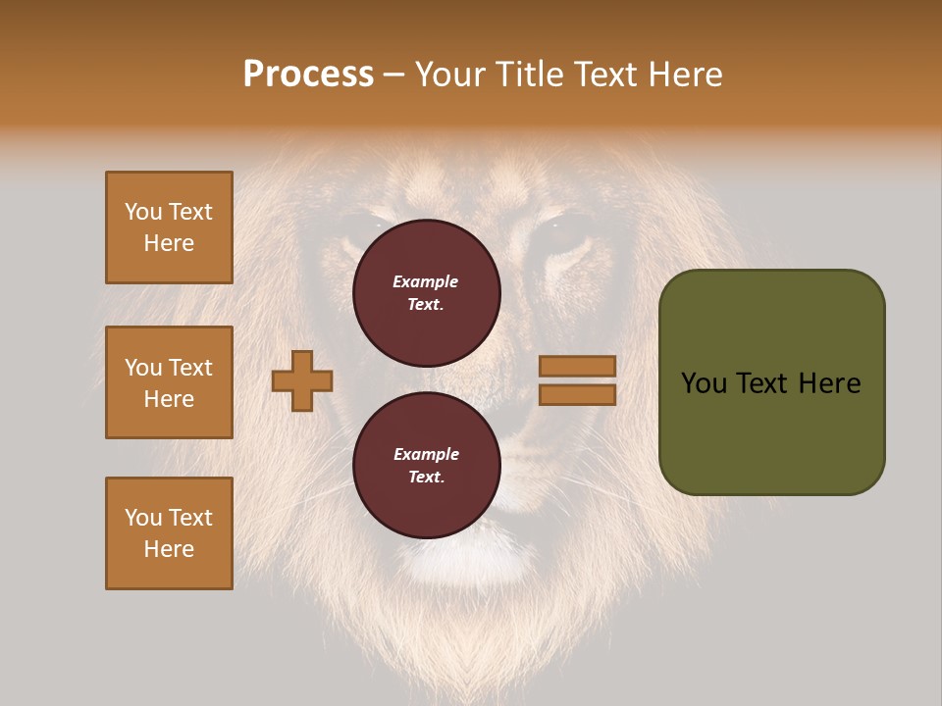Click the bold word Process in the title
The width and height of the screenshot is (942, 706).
[308, 75]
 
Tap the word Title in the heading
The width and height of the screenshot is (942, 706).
[530, 75]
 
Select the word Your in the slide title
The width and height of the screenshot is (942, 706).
[451, 75]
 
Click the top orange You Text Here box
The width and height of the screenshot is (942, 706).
[169, 227]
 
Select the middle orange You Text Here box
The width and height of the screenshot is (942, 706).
[169, 382]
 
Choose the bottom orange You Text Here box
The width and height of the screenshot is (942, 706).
[169, 533]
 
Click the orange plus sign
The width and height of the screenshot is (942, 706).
[302, 380]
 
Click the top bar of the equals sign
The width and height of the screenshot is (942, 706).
[577, 367]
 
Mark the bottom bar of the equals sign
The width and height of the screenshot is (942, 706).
[577, 394]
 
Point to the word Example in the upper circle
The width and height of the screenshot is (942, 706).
[426, 281]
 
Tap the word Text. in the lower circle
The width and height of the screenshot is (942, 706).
[426, 478]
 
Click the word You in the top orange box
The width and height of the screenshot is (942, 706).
[143, 212]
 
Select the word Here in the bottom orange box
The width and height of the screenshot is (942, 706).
[169, 549]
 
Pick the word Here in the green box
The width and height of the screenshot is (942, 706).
[829, 383]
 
